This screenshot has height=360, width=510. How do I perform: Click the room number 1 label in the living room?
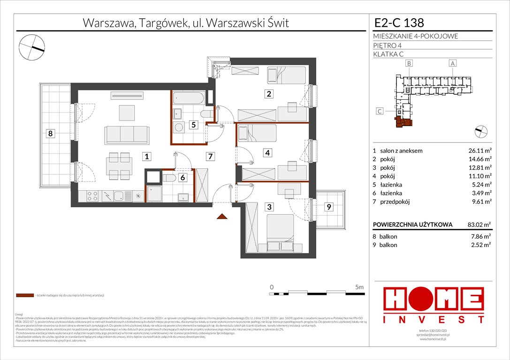pyautogui.click(x=147, y=157)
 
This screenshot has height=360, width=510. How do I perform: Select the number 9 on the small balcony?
pyautogui.click(x=329, y=207)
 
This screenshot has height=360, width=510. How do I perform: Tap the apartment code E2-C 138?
pyautogui.click(x=399, y=22)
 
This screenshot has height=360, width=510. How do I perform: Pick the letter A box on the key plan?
pyautogui.click(x=452, y=63)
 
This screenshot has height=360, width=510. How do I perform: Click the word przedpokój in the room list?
pyautogui.click(x=396, y=202)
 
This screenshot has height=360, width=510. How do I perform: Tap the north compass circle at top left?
pyautogui.click(x=31, y=46)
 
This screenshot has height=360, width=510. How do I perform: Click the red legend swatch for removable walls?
pyautogui.click(x=24, y=296)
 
